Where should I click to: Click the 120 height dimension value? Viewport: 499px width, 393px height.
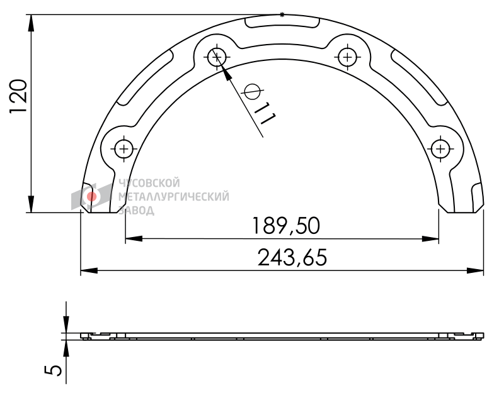click(x=18, y=96)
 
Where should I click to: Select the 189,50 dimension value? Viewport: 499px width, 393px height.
click(x=285, y=226)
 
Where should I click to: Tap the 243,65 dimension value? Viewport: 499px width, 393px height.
click(x=292, y=257)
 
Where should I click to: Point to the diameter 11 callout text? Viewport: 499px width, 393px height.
click(x=258, y=103)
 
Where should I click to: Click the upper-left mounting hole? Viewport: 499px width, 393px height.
click(x=216, y=57)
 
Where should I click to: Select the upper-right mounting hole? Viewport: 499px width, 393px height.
click(x=347, y=57)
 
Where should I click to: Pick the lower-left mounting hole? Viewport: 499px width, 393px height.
click(x=123, y=148)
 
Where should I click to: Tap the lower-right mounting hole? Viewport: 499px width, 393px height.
click(x=440, y=148)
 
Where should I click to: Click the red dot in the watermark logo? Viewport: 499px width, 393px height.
click(x=91, y=197)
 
